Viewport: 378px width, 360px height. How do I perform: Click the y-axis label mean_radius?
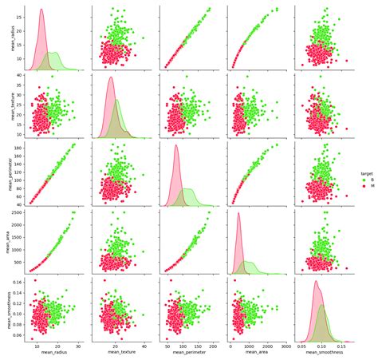coord(6,37)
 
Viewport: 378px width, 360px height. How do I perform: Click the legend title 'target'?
coord(364,172)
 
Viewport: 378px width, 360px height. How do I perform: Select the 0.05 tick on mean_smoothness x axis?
coord(302,347)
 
